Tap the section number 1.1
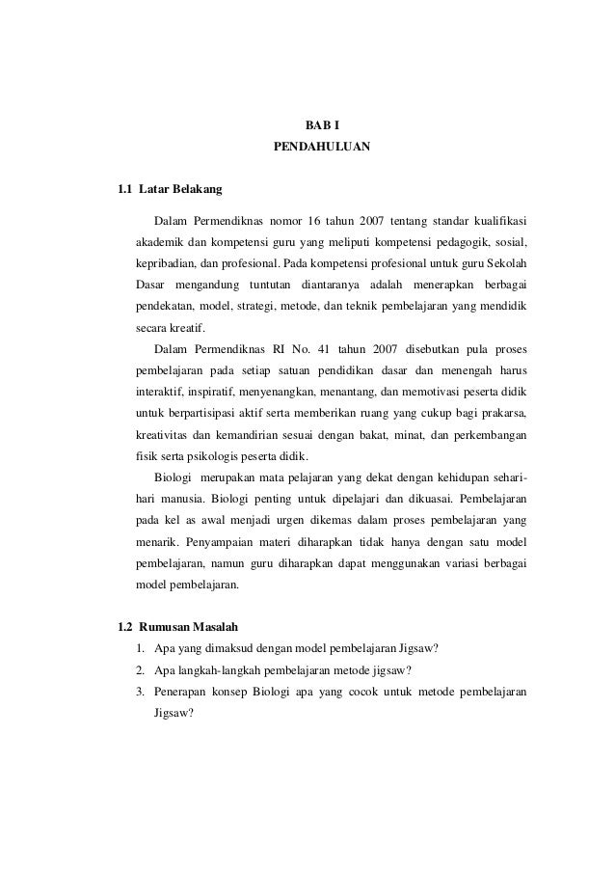[122, 188]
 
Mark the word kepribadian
[167, 262]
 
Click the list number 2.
[141, 671]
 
